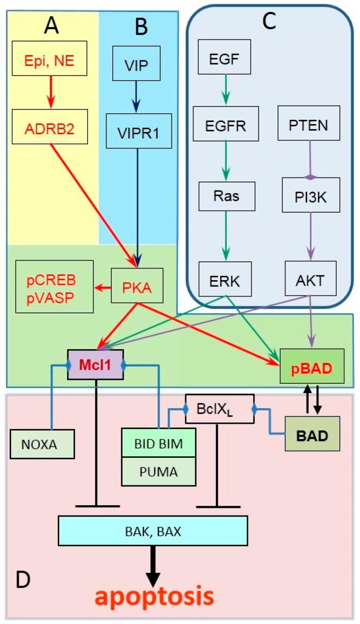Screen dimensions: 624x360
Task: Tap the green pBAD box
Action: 312,367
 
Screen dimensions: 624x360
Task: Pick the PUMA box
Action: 159,472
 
